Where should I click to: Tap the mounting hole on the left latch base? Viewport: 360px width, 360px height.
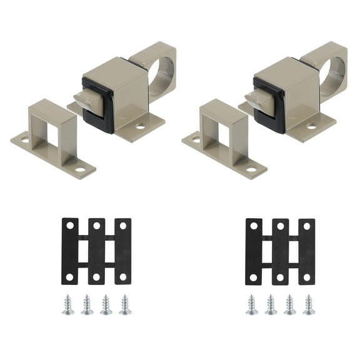(x=141, y=126)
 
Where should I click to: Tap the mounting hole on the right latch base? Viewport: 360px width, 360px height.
(x=312, y=126)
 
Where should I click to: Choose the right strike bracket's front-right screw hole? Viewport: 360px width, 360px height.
(x=252, y=169)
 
